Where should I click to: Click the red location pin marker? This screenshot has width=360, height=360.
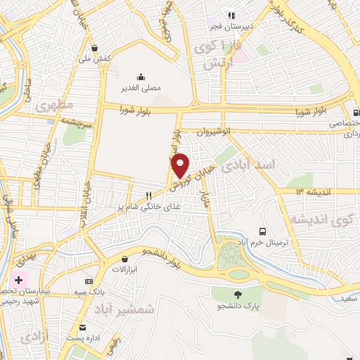tap(181, 165)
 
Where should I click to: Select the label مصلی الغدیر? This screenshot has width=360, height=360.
tap(144, 89)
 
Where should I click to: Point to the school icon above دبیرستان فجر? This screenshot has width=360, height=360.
tap(231, 15)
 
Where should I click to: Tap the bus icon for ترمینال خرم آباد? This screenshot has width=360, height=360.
tap(262, 230)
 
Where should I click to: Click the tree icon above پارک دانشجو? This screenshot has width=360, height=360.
tap(238, 295)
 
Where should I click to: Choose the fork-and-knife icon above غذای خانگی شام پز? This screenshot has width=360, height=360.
tap(148, 195)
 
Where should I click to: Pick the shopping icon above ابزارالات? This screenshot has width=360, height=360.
tap(125, 259)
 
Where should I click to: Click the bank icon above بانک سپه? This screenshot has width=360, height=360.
tap(88, 281)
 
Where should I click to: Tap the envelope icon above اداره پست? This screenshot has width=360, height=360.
tap(82, 327)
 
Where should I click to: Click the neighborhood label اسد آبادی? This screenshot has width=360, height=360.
tap(248, 165)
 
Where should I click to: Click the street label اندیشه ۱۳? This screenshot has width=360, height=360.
tap(309, 191)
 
